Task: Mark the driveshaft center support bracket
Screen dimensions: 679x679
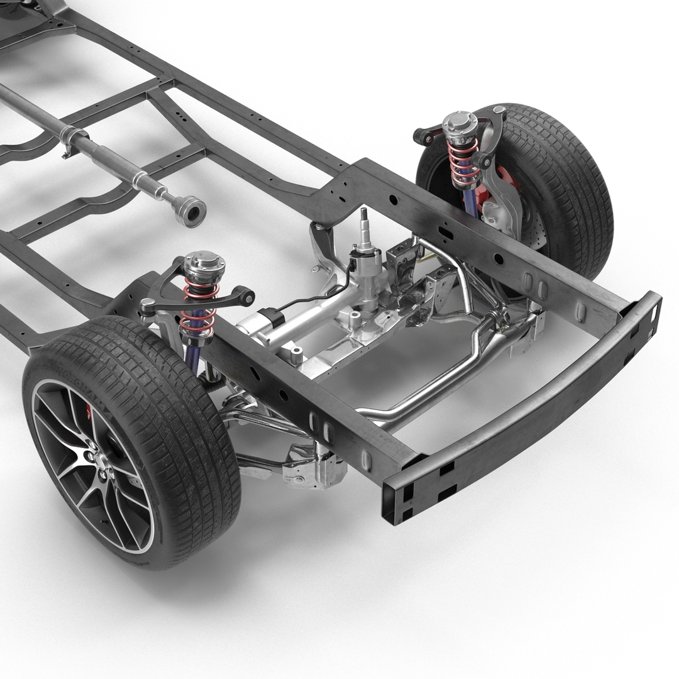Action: [71, 140]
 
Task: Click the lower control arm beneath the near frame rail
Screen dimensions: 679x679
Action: [264, 421]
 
